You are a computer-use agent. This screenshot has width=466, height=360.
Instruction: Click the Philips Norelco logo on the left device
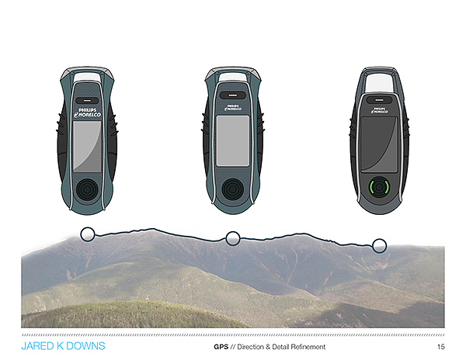coord(89,113)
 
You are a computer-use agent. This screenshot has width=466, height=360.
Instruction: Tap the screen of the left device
coord(89,147)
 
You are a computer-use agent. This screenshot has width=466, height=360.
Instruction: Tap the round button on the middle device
coord(232,190)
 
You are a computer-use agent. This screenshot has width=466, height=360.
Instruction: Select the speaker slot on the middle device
coord(232,96)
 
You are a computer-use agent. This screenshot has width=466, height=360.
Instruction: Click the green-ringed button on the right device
coord(380,189)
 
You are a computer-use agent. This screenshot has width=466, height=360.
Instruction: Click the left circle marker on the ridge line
coord(88,233)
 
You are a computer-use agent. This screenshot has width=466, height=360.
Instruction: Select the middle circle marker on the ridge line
coord(232,238)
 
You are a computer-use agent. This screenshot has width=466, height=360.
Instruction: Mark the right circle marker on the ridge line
coord(379,246)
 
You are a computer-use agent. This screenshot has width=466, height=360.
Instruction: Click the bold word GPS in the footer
coord(220,347)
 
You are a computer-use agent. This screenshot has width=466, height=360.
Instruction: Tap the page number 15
coord(440,347)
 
